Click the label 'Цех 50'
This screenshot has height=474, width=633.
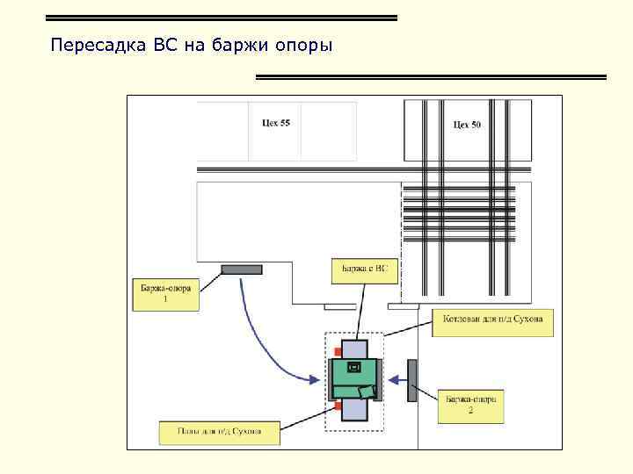tap(467, 125)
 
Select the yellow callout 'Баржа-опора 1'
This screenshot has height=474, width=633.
tap(165, 293)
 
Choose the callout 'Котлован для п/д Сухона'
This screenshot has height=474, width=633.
tap(493, 321)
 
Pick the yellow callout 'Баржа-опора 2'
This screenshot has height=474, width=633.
tap(470, 406)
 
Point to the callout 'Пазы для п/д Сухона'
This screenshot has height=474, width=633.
tap(219, 432)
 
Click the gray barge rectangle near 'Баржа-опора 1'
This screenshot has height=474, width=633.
tap(241, 269)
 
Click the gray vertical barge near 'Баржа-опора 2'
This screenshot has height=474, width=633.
tap(411, 380)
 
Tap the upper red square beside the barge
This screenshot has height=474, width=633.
tap(338, 353)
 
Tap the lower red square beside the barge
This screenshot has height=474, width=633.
tap(338, 406)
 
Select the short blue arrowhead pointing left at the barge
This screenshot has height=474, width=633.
tap(392, 380)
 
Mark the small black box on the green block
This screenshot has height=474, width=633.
tap(354, 366)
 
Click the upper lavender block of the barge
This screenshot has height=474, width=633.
tap(354, 348)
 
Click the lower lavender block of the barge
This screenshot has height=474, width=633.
tap(354, 410)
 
